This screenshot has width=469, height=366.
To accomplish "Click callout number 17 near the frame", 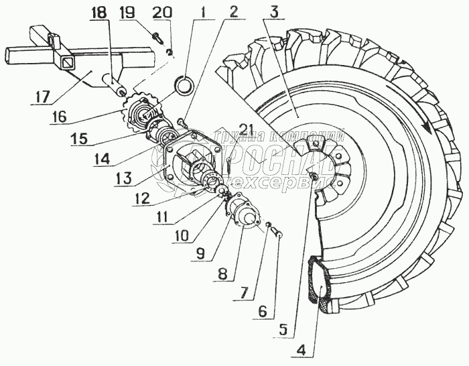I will click(x=41, y=97).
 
